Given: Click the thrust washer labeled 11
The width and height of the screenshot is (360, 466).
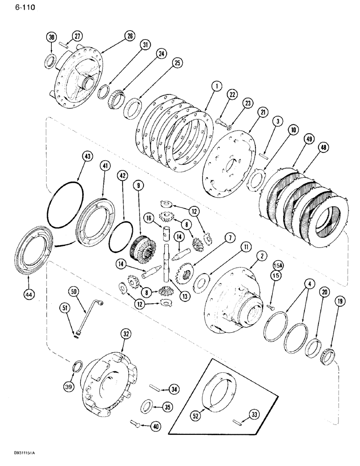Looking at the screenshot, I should pyautogui.click(x=202, y=283).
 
